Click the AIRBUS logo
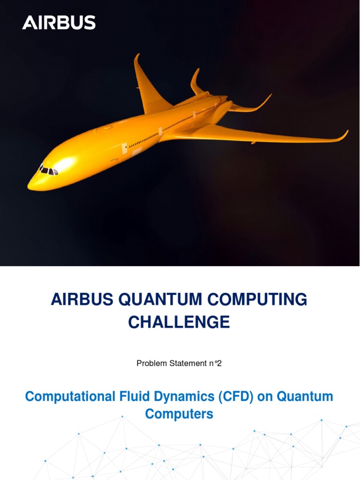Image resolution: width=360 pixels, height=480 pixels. (x=59, y=22)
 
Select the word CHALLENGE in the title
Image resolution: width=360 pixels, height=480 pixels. (x=179, y=322)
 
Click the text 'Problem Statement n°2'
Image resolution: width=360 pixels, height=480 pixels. (x=179, y=363)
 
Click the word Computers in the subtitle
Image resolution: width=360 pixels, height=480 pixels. (x=179, y=414)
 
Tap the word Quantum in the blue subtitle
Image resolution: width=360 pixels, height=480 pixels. (x=305, y=397)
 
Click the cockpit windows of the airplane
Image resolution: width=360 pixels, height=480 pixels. (x=48, y=171)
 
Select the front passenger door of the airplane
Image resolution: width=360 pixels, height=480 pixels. (x=125, y=149)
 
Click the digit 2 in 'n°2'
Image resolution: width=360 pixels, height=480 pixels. (x=219, y=363)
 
